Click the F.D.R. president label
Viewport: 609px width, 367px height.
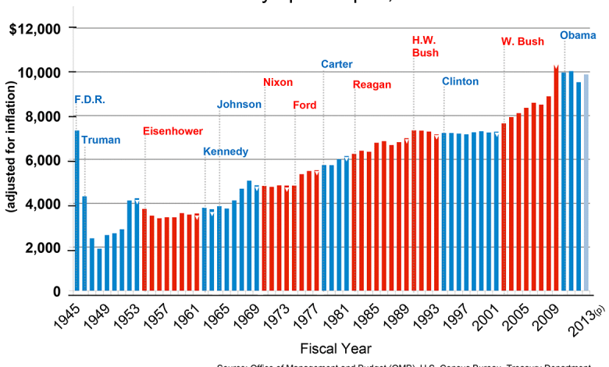(x=89, y=100)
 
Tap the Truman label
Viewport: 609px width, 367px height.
(x=101, y=141)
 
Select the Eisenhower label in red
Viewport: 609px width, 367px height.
(x=173, y=131)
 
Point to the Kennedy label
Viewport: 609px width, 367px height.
(x=226, y=151)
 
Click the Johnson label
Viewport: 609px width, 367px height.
(x=240, y=105)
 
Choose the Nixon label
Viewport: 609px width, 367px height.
(x=278, y=83)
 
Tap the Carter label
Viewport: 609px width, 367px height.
(x=337, y=64)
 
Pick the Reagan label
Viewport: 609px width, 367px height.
(x=377, y=84)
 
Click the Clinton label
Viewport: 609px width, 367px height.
(x=460, y=81)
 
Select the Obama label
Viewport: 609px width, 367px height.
(x=578, y=35)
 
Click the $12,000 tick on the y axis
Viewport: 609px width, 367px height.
(x=34, y=29)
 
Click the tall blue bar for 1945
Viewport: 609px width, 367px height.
(x=77, y=211)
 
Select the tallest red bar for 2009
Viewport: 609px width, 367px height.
(x=556, y=180)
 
